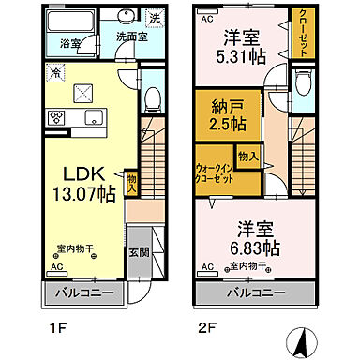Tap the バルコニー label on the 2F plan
click(x=262, y=294)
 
